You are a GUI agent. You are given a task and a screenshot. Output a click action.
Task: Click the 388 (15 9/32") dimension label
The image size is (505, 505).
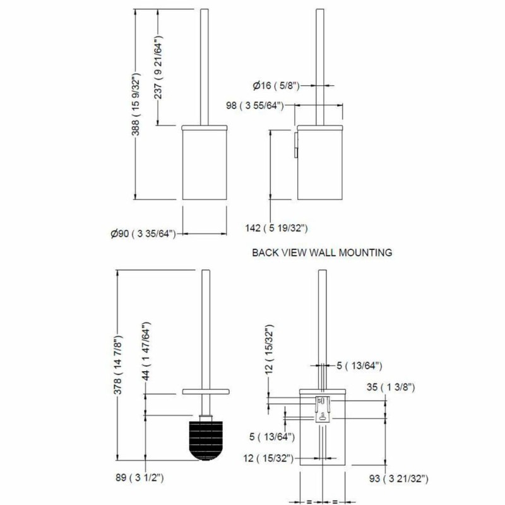136,104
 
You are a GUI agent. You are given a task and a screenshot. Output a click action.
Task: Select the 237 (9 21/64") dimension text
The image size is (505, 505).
158,67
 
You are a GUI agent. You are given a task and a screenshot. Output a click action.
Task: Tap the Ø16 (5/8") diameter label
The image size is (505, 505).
276,86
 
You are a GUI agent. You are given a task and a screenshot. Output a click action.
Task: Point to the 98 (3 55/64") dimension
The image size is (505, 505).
255,105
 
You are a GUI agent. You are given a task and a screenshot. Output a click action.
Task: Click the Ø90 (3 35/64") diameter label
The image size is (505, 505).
143,234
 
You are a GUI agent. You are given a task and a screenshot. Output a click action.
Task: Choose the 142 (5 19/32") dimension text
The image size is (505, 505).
276,228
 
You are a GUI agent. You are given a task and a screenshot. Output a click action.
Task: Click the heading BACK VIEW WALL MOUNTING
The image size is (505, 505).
322,252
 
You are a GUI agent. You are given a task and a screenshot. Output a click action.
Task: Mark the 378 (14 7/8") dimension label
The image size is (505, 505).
118,365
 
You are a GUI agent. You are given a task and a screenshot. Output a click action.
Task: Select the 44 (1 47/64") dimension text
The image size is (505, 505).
146,351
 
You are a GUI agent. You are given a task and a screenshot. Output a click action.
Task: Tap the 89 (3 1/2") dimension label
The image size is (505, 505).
140,477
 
